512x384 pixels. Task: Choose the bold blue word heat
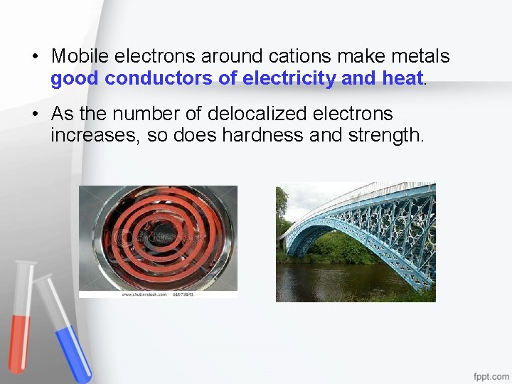coord(402,79)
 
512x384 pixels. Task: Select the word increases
coord(95,135)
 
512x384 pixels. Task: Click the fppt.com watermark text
coord(491,375)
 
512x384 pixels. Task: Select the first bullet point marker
coord(34,56)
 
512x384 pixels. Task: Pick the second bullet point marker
coord(34,114)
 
